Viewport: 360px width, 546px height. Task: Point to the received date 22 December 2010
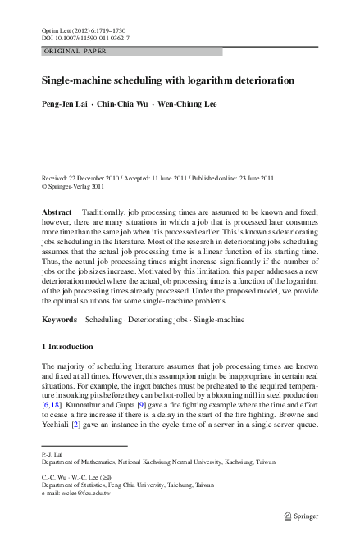coord(98,178)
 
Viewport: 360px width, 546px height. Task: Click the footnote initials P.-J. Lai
coord(52,453)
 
